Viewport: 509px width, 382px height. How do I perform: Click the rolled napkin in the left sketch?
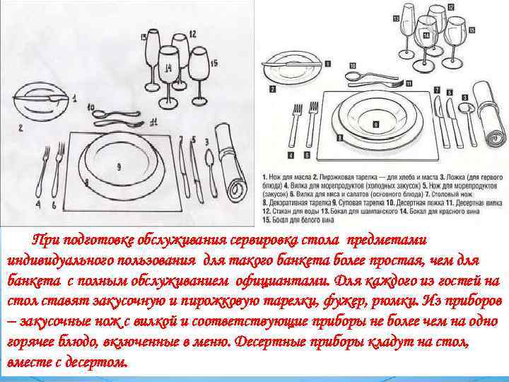(230, 161)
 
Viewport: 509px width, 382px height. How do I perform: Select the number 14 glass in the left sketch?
(168, 67)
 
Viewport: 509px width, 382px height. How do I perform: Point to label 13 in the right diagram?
(396, 16)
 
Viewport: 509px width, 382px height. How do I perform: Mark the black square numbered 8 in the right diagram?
(376, 124)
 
